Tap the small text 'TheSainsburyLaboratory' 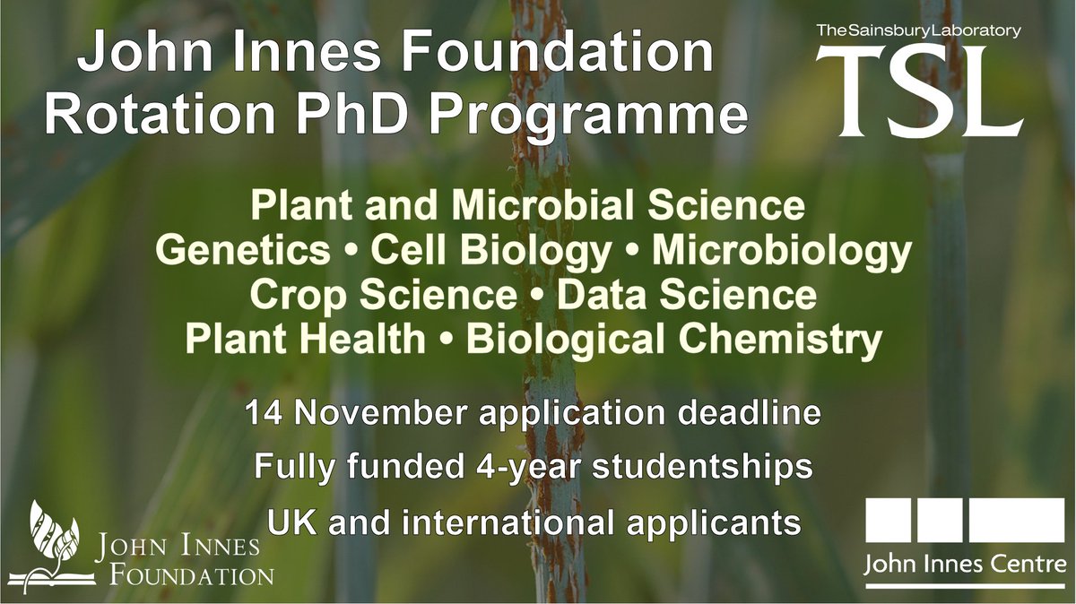[918, 30]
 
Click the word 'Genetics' [243, 251]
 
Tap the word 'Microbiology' [782, 251]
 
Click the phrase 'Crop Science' [384, 295]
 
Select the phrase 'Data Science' [687, 295]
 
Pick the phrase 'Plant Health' [305, 339]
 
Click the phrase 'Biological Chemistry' [674, 339]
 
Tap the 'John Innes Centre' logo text [965, 565]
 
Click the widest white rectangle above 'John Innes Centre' [1017, 522]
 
